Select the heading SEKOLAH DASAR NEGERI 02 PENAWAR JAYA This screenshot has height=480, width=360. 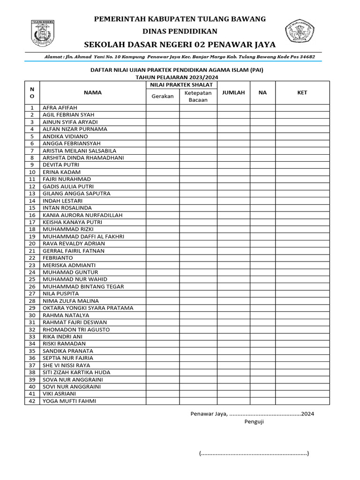click(180, 45)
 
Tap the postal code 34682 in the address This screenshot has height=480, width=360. click(305, 57)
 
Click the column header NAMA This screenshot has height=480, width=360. click(93, 92)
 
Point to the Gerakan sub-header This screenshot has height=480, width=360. click(163, 96)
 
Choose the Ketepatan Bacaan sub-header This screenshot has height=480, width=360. click(198, 96)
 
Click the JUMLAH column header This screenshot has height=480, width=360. click(233, 92)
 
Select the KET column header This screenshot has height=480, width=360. click(302, 92)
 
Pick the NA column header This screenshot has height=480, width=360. click(262, 92)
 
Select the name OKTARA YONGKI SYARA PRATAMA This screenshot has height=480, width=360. click(88, 308)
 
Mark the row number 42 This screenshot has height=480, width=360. click(32, 401)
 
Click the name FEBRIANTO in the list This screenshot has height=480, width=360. click(58, 258)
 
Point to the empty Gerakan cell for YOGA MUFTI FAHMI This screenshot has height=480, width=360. click(163, 401)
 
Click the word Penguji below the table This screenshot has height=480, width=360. click(254, 422)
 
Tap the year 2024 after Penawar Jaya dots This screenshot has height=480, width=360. click(307, 413)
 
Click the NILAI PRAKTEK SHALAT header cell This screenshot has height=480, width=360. click(181, 85)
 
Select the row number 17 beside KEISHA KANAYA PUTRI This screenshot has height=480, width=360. click(32, 222)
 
